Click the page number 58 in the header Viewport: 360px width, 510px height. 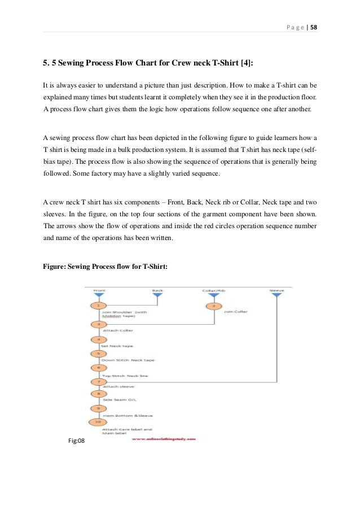coord(313,27)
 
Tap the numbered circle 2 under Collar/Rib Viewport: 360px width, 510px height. coord(213,306)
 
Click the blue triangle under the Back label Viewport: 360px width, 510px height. coord(157,294)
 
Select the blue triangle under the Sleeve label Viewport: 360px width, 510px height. coord(276,294)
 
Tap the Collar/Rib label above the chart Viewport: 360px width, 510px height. coord(213,290)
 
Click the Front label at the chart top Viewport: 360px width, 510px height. coord(99,290)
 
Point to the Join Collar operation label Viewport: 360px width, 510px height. coord(236,311)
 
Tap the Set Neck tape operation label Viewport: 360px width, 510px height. coord(117,345)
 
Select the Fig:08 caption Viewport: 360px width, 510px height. coord(76,441)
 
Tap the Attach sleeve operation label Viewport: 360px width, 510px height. coord(117,387)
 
